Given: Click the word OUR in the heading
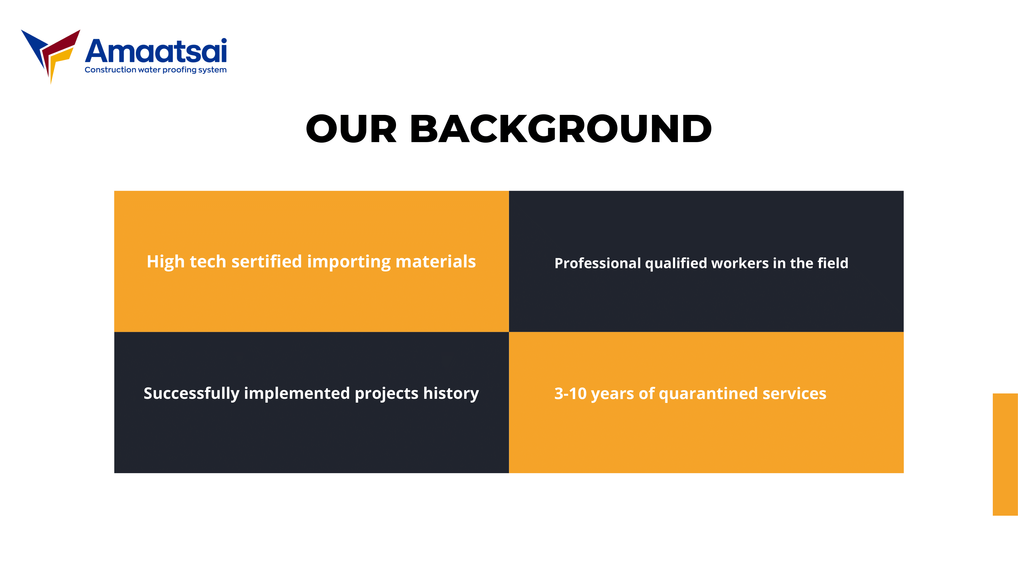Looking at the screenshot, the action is (x=351, y=129).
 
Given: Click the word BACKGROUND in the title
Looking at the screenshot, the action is (x=561, y=129).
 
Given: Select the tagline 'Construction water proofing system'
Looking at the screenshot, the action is (x=156, y=70).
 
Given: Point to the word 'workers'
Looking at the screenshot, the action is (x=740, y=263).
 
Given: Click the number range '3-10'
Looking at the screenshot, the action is (x=570, y=393).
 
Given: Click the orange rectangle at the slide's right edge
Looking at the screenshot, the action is (x=1005, y=454).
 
